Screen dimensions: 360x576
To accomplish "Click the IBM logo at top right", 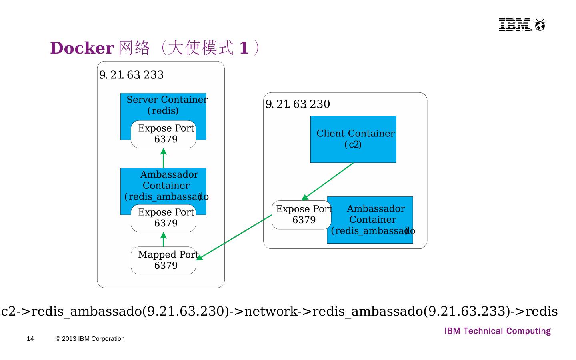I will tap(522, 25).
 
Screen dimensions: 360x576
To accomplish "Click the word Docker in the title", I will tap(82, 48).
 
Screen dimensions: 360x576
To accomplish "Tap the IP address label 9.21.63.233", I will tap(131, 75).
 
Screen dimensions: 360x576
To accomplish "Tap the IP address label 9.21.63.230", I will tap(298, 104).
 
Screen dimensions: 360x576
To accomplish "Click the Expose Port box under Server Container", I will tap(164, 134).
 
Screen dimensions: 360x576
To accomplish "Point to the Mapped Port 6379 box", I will tap(164, 260).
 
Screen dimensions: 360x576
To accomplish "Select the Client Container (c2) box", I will tap(353, 139).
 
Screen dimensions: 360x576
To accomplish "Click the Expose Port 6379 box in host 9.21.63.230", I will tap(302, 215).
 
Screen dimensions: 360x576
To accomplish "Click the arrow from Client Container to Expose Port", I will tap(328, 181).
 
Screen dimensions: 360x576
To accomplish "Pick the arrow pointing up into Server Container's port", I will tap(163, 158).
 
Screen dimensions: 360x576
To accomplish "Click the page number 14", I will tap(30, 339).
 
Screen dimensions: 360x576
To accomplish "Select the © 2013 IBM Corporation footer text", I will tap(90, 339).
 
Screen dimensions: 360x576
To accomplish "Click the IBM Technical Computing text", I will tap(497, 331).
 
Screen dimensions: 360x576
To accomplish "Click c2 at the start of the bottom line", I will tap(8, 311).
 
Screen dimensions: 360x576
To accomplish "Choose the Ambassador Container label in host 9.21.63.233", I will tap(167, 185).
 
